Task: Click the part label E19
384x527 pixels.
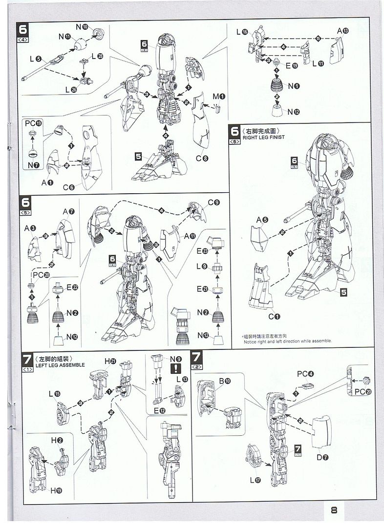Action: [292, 66]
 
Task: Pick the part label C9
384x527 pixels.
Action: [213, 203]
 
